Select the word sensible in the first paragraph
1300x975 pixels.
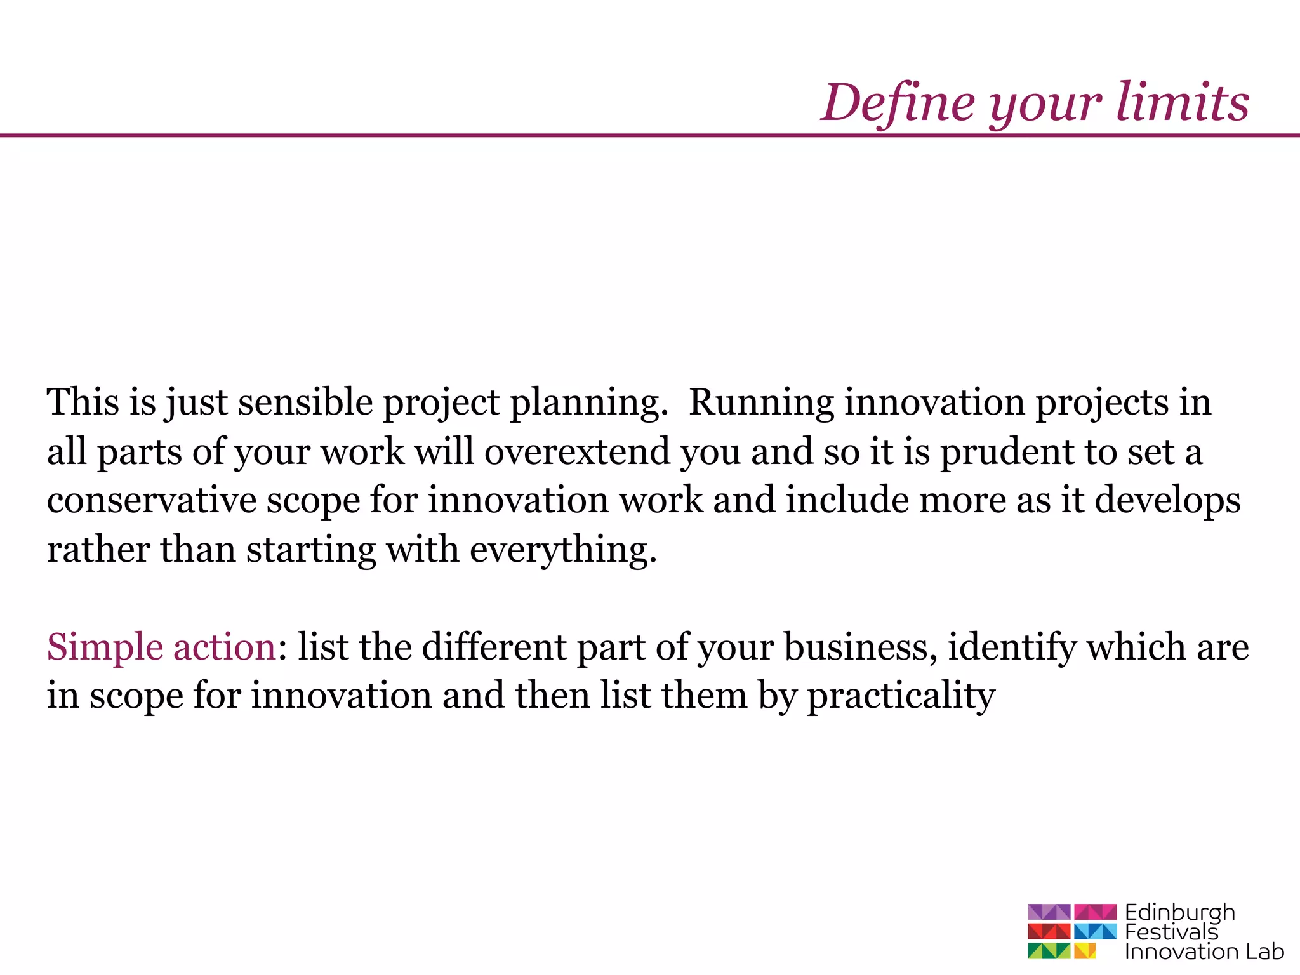click(x=305, y=402)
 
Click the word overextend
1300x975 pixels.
click(x=576, y=452)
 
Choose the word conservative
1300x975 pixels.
click(x=151, y=500)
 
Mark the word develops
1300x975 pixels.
click(x=1167, y=501)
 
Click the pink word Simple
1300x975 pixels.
click(x=105, y=648)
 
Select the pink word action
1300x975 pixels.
click(x=224, y=647)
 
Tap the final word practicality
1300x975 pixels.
click(x=901, y=697)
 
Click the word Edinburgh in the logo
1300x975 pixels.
click(x=1179, y=913)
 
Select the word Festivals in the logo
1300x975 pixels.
click(x=1171, y=932)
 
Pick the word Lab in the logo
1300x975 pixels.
click(x=1264, y=952)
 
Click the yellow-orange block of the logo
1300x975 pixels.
click(x=1085, y=951)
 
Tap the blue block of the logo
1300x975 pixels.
click(x=1095, y=931)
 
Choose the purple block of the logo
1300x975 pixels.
click(x=1049, y=912)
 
